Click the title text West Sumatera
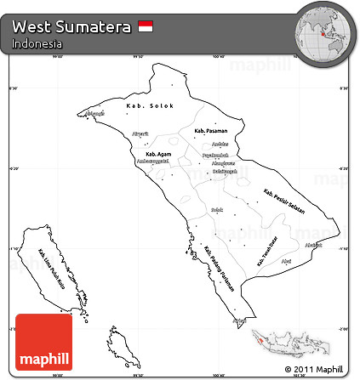[71, 27]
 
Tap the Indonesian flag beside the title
[146, 27]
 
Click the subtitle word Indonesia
[37, 43]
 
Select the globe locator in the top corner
[324, 32]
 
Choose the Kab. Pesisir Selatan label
[284, 201]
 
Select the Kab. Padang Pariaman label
[218, 264]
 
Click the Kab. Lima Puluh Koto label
[54, 268]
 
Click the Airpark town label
[141, 134]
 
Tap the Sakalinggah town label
[224, 171]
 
